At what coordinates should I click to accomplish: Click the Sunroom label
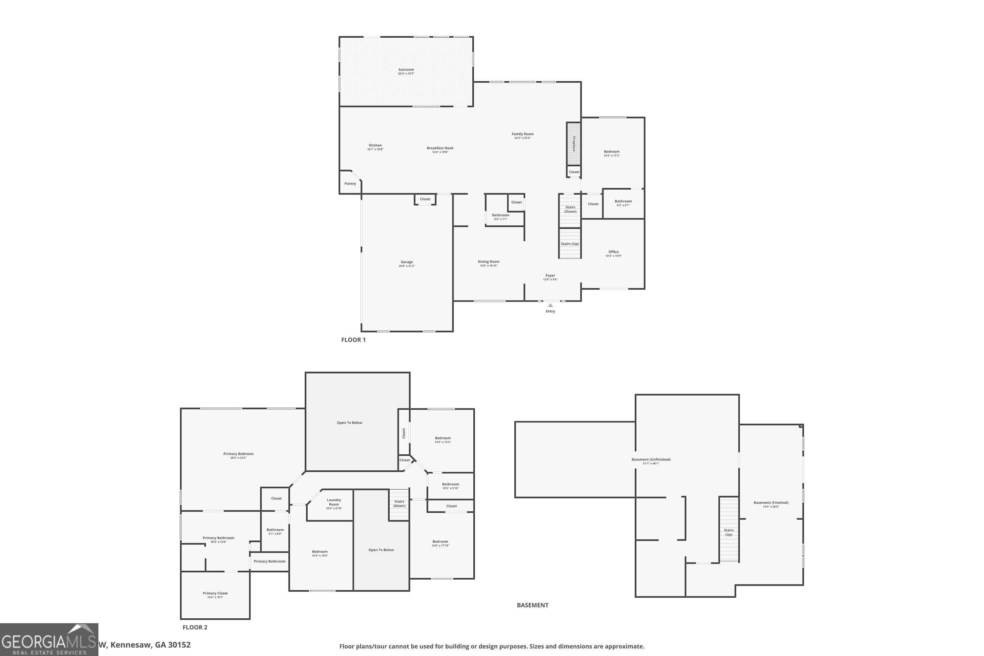(x=406, y=70)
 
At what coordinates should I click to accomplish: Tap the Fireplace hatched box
(x=574, y=144)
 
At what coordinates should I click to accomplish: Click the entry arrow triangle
(x=550, y=305)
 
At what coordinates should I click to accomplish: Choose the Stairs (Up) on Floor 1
(x=570, y=244)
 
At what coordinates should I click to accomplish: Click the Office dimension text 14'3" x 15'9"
(x=613, y=256)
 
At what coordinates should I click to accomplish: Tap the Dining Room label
(x=488, y=262)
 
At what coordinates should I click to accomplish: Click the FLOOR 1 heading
(x=353, y=340)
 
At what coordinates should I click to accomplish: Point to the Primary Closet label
(x=215, y=593)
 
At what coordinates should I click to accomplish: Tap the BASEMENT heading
(x=532, y=605)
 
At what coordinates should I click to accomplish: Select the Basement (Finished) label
(x=770, y=503)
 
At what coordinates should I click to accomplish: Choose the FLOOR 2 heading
(x=195, y=627)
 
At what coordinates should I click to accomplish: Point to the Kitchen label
(x=375, y=146)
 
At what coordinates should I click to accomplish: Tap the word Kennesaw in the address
(x=131, y=645)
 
